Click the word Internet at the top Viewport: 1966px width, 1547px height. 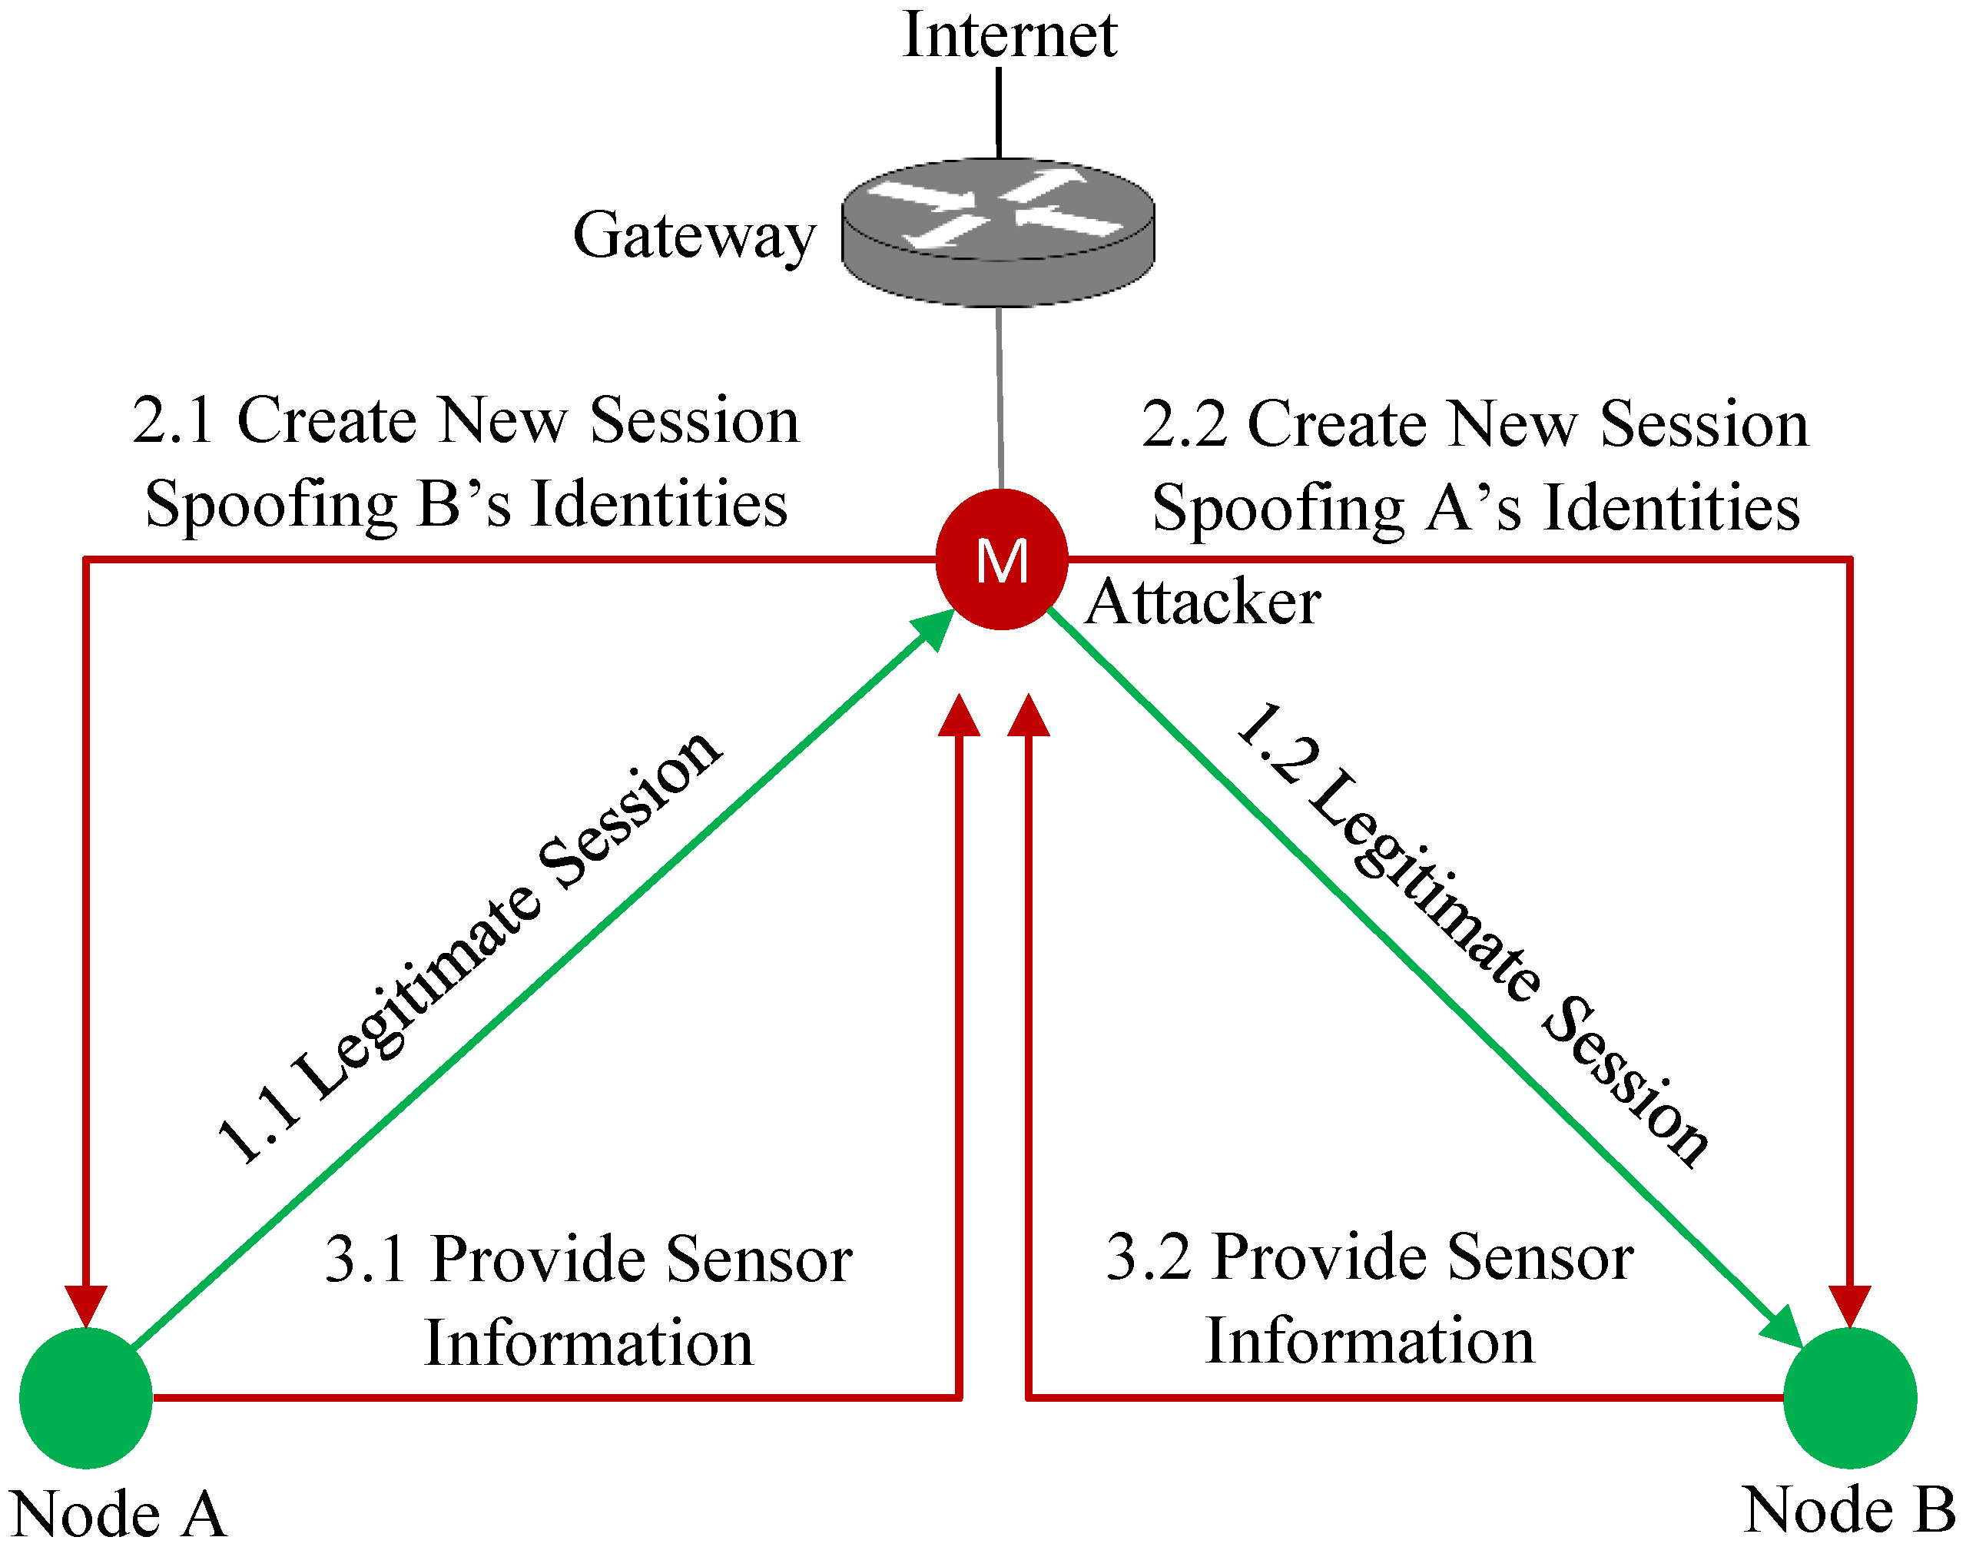(x=1009, y=36)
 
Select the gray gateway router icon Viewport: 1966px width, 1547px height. (x=998, y=231)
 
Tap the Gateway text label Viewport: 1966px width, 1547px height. (x=695, y=235)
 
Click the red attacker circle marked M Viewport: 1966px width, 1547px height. (x=1002, y=559)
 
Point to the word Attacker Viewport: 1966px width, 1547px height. (x=1202, y=603)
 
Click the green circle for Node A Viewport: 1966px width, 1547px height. (x=86, y=1398)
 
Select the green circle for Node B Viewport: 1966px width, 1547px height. (x=1850, y=1398)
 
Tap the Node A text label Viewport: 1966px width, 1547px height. (x=118, y=1515)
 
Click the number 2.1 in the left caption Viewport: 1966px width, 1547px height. (x=173, y=421)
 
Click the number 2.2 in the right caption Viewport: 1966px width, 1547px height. (x=1184, y=424)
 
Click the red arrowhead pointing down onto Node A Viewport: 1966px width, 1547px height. (x=86, y=1305)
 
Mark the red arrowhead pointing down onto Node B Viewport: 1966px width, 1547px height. (x=1850, y=1305)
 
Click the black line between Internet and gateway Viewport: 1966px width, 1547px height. (x=999, y=113)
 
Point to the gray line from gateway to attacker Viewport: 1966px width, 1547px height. (x=1000, y=399)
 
